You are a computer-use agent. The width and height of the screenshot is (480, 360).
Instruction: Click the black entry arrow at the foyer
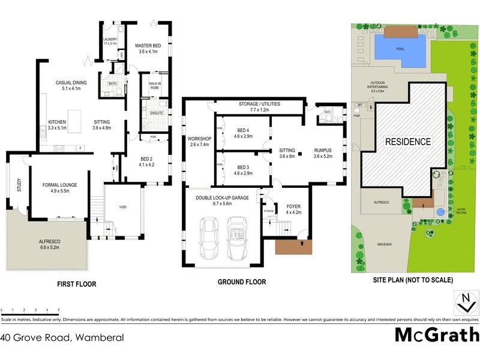point(301,244)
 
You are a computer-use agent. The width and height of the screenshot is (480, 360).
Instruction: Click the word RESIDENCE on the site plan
point(408,142)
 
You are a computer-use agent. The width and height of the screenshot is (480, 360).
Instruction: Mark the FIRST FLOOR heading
point(76,284)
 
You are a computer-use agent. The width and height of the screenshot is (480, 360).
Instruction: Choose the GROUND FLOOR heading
point(241,282)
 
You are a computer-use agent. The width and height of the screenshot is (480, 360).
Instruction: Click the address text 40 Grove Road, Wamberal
point(62,338)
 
